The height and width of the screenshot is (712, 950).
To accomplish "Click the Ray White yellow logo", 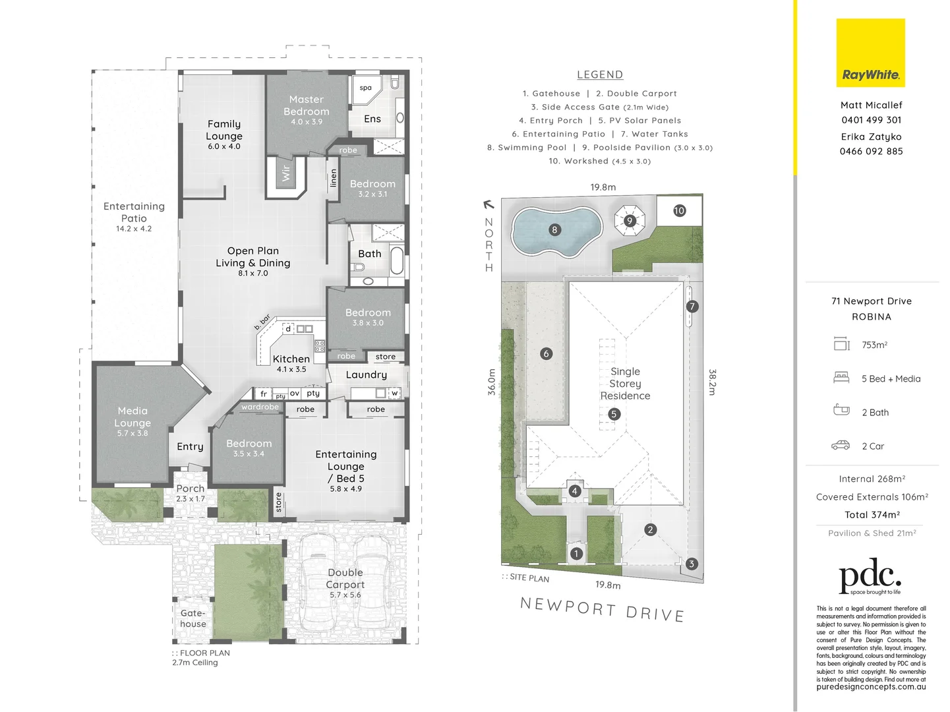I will pyautogui.click(x=870, y=53).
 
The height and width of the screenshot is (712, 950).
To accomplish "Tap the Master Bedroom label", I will pyautogui.click(x=307, y=105).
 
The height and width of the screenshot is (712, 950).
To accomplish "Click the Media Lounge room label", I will pyautogui.click(x=133, y=417).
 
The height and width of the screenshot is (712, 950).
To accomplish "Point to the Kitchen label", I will pyautogui.click(x=291, y=359).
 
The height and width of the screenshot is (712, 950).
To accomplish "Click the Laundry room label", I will pyautogui.click(x=366, y=374).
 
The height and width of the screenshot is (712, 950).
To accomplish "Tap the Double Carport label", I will pyautogui.click(x=345, y=579).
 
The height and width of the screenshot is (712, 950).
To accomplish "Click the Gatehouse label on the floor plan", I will pyautogui.click(x=193, y=618).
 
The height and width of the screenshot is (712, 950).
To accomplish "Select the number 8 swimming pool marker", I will pyautogui.click(x=554, y=229).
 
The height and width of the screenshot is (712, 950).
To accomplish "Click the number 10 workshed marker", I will pyautogui.click(x=679, y=210).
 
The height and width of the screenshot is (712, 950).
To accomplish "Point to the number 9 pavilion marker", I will pyautogui.click(x=630, y=220).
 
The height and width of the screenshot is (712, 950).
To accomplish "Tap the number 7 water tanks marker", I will pyautogui.click(x=692, y=306).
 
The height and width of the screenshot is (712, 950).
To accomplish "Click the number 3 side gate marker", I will pyautogui.click(x=691, y=564).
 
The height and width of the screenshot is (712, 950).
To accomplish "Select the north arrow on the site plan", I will pyautogui.click(x=489, y=205).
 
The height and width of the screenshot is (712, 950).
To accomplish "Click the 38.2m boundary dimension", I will pyautogui.click(x=713, y=382).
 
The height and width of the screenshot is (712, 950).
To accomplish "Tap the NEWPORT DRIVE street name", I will pyautogui.click(x=602, y=609).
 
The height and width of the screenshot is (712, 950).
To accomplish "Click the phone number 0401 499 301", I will pyautogui.click(x=871, y=120).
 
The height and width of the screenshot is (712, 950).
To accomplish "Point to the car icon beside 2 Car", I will pyautogui.click(x=841, y=446).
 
